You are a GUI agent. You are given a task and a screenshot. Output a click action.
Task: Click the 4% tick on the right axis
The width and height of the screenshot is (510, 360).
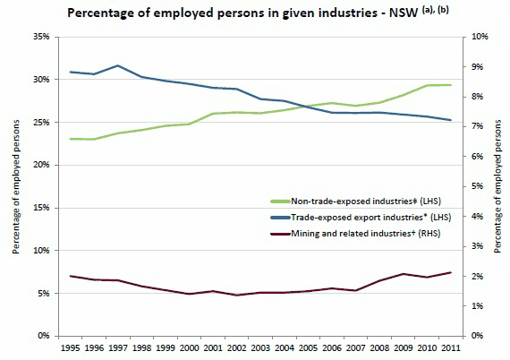(475, 216)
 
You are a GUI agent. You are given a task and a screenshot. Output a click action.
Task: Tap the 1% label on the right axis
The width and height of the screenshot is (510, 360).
(475, 305)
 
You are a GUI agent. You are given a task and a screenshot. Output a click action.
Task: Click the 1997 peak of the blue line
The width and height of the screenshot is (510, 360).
(117, 65)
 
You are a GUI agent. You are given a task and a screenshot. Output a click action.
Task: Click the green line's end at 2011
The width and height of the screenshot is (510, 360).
(450, 85)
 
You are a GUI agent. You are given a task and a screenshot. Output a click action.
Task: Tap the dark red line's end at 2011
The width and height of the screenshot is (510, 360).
(450, 272)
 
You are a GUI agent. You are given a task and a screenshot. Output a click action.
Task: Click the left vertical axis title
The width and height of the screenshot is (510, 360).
(13, 185)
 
